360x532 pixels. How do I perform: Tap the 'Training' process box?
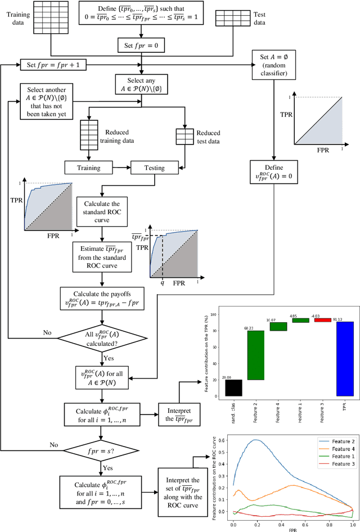coord(88,168)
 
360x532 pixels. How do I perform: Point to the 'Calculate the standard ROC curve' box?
coord(101,211)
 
